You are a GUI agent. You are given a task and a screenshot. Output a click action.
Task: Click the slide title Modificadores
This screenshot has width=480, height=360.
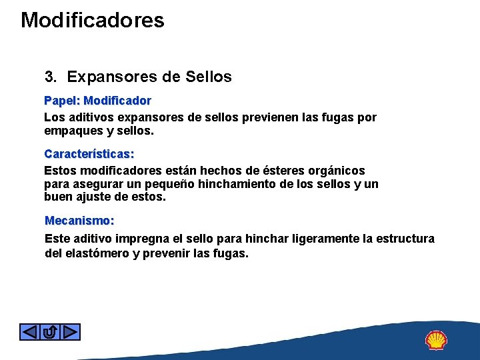tap(92, 20)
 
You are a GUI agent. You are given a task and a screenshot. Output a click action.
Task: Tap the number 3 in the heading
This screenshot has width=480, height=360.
tap(49, 77)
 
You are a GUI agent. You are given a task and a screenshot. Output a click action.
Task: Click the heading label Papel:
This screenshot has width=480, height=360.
tap(62, 101)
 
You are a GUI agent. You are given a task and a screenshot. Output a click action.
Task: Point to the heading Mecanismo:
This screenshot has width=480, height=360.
tap(79, 220)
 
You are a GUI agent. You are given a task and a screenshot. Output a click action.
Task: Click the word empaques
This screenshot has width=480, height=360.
tap(71, 131)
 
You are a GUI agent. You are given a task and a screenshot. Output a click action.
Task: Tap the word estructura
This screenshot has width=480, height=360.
tap(405, 239)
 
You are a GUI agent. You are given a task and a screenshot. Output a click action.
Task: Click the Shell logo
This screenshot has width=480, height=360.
tap(436, 340)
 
